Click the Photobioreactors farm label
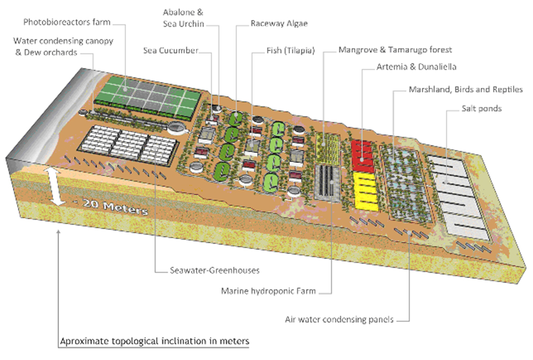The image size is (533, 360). [67, 22]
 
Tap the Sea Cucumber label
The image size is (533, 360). [170, 50]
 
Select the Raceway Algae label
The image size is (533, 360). [279, 24]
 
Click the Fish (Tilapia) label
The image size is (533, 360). [290, 50]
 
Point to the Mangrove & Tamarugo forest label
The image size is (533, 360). [395, 49]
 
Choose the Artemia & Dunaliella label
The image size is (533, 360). [416, 67]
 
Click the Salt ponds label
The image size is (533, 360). [482, 108]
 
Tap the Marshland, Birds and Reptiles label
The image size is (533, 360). [465, 89]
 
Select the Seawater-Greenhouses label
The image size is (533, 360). [214, 270]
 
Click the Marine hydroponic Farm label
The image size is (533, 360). [268, 291]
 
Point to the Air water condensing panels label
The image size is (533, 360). [339, 320]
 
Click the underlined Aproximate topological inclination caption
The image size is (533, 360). [155, 341]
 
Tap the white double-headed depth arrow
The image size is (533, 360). [56, 186]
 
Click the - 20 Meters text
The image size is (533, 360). [111, 206]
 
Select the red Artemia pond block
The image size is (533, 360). [363, 156]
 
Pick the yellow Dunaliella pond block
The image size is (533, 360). [366, 191]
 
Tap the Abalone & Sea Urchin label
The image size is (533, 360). [183, 18]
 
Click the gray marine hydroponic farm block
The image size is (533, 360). [327, 183]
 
